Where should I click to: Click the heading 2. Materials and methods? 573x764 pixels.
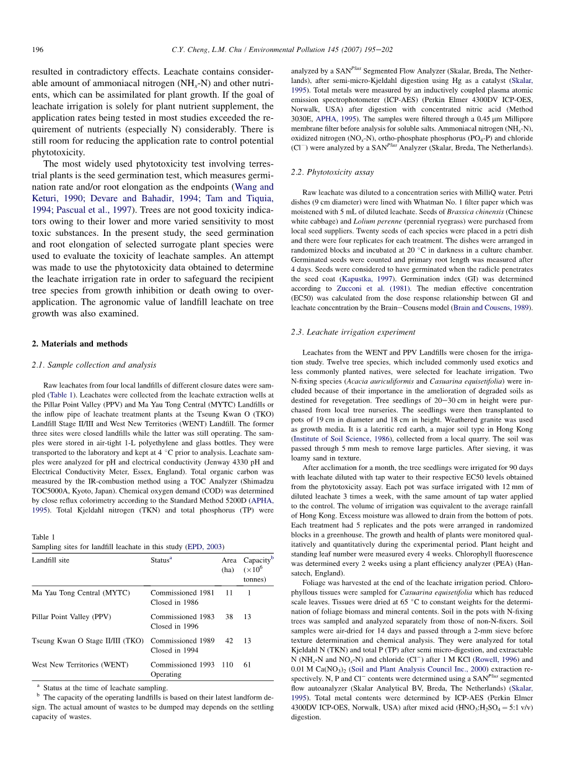(79, 344)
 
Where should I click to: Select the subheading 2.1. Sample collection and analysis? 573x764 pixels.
(94, 365)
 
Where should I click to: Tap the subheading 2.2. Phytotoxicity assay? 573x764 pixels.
(332, 172)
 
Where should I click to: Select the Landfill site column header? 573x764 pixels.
(51, 560)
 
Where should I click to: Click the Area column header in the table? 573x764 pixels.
(229, 560)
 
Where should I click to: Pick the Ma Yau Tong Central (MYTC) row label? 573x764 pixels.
(81, 593)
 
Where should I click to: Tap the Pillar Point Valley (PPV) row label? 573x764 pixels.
(71, 617)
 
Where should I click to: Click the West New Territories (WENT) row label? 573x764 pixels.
(80, 665)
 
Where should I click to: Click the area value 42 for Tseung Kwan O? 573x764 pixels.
(229, 641)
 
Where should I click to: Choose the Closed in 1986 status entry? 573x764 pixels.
(174, 602)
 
